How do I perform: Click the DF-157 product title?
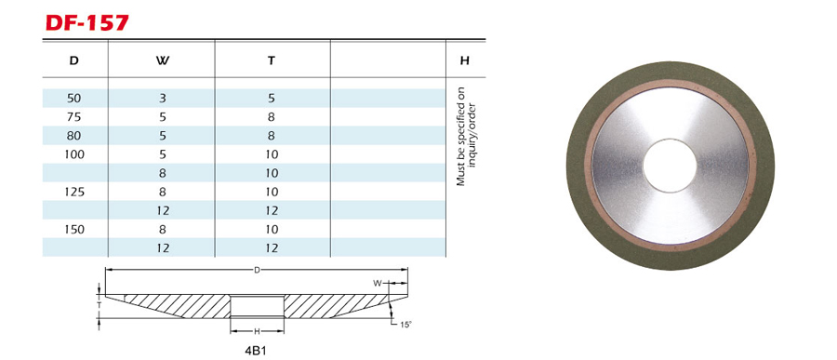(87, 22)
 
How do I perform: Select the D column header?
(74, 60)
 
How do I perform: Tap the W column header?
(163, 60)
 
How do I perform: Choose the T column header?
(272, 60)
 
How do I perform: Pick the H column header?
(464, 60)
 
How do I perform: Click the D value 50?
(74, 99)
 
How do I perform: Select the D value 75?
(74, 117)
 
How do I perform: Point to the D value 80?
(74, 136)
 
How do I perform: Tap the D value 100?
(74, 154)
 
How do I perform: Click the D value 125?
(74, 192)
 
